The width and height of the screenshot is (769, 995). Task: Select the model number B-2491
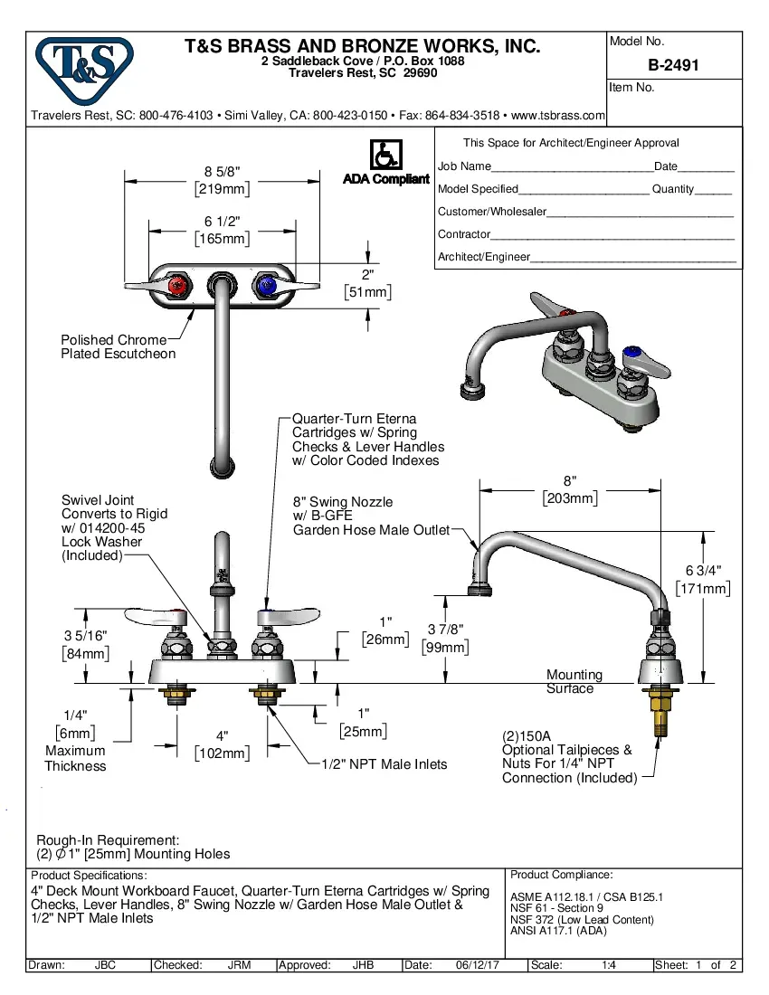[673, 65]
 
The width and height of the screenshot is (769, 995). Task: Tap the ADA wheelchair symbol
[385, 155]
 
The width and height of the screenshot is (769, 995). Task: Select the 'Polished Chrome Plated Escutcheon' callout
[118, 346]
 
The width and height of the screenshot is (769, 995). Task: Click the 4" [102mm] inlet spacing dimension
[222, 744]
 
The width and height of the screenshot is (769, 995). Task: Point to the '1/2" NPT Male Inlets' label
[384, 764]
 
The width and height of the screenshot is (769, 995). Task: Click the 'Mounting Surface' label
[574, 681]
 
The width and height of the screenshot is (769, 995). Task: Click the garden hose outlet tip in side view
[479, 592]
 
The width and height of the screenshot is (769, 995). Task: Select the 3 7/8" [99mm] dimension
[447, 638]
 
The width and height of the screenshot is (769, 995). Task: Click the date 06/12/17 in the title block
[479, 965]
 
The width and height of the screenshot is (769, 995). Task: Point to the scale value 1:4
[609, 965]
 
